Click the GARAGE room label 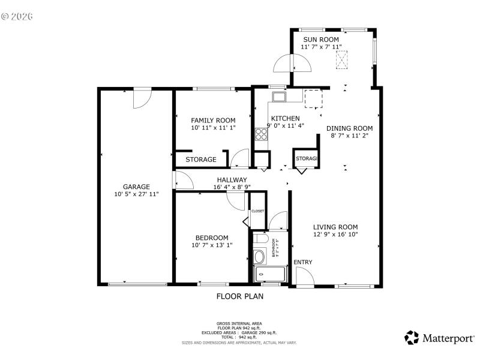[136, 187]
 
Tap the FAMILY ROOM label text [213, 120]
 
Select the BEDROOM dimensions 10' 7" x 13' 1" [211, 245]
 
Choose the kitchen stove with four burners [262, 134]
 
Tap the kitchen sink [279, 97]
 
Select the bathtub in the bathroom [271, 274]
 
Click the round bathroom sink [260, 257]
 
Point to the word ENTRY [303, 262]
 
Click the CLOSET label [257, 211]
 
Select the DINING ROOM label [350, 128]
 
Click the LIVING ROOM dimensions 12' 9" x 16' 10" [335, 235]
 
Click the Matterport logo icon [412, 338]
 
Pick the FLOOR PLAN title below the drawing [239, 296]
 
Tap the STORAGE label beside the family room [200, 160]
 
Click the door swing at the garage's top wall [143, 98]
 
